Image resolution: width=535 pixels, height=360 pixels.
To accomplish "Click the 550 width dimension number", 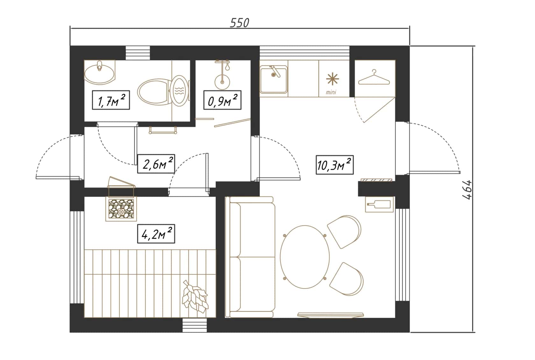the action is [x=239, y=23].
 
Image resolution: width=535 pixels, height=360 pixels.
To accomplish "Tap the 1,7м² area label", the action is [x=111, y=100].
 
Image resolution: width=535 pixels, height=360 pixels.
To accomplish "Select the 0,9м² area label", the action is [x=222, y=100].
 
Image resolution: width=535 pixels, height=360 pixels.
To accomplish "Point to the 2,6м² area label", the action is [x=156, y=164].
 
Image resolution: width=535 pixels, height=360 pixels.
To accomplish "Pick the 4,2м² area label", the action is [x=156, y=234].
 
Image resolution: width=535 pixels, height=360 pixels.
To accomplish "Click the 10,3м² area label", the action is [x=335, y=165].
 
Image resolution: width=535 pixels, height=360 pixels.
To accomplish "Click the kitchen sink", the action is [x=274, y=79].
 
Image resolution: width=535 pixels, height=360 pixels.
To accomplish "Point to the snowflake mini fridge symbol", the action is [x=332, y=79].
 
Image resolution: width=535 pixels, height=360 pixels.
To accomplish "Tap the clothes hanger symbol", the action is [x=374, y=77].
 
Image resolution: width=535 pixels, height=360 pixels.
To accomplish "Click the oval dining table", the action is [x=305, y=257].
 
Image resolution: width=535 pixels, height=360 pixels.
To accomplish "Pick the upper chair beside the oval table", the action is [x=344, y=232].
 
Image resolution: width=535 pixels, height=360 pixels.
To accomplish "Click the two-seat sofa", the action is [x=250, y=257].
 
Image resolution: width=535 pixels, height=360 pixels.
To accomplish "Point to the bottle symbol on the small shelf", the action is [x=379, y=205].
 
